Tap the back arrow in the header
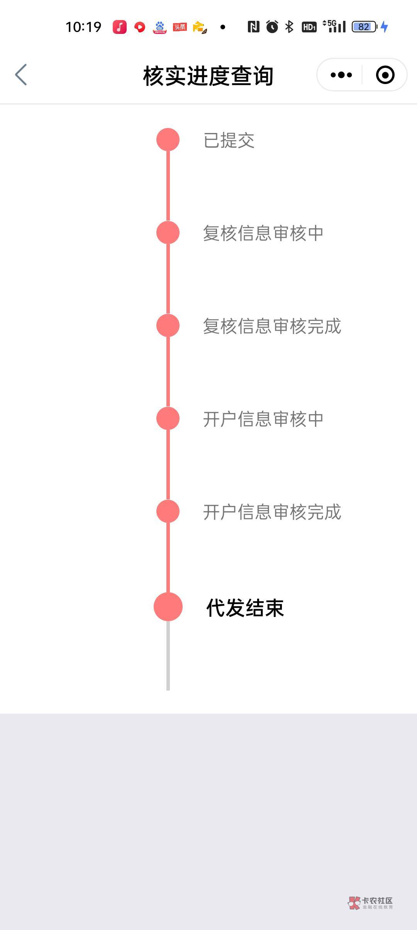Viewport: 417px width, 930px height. (x=21, y=75)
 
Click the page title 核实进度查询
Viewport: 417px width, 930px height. (x=208, y=76)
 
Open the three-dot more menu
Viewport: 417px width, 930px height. (x=341, y=75)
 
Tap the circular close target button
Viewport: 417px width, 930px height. (x=385, y=75)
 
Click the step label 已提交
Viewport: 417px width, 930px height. (x=229, y=140)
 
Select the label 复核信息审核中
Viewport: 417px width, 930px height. (x=263, y=233)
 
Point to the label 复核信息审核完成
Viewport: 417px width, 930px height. (x=272, y=326)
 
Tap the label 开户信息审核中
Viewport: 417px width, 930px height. (x=263, y=419)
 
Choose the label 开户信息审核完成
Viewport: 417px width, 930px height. (x=272, y=512)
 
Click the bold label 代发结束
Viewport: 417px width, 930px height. (x=245, y=608)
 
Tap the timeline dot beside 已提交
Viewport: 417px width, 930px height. (x=168, y=140)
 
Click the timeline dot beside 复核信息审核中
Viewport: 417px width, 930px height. (x=168, y=232)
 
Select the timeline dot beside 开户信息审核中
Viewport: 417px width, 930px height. (x=168, y=418)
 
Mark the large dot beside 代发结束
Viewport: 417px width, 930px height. (x=168, y=607)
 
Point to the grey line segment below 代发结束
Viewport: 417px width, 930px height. (x=168, y=655)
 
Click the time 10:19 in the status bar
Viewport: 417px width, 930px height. (x=83, y=27)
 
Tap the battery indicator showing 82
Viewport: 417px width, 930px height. (x=364, y=27)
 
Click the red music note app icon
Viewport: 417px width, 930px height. (x=120, y=27)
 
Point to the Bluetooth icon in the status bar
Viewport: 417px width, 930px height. (x=289, y=27)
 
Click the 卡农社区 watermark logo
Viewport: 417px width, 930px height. (x=370, y=903)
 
